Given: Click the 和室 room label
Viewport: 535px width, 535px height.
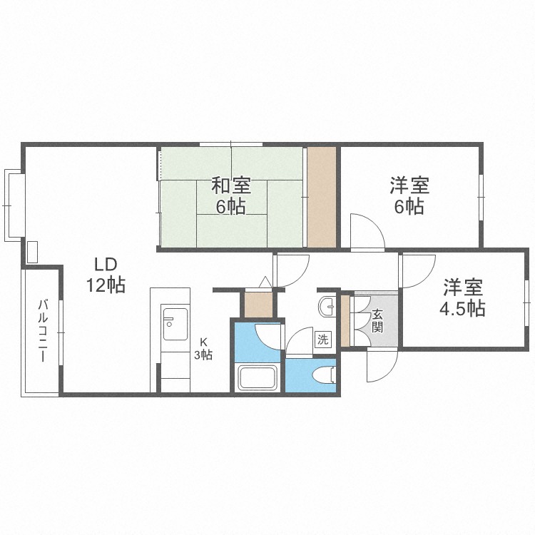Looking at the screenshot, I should click(x=230, y=186).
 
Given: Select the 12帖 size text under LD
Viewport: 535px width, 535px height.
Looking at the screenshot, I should click(x=106, y=285).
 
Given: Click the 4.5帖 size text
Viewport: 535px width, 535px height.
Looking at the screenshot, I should click(x=463, y=309).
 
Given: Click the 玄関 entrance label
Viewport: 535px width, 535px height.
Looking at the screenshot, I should click(x=377, y=320).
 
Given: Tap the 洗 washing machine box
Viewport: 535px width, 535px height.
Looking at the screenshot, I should click(x=323, y=340).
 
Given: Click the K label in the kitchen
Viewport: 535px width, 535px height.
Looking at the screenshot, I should click(x=203, y=341).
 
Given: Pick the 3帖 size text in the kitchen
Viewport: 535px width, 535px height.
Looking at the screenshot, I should click(x=204, y=355).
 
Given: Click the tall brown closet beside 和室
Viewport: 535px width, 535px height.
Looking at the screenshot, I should click(x=321, y=197).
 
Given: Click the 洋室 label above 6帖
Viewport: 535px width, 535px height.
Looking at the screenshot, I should click(x=409, y=186).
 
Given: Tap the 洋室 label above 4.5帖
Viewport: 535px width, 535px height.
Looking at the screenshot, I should click(x=463, y=287).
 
